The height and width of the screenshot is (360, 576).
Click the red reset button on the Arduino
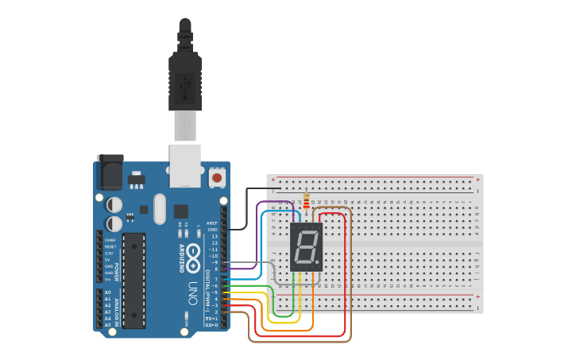(217, 179)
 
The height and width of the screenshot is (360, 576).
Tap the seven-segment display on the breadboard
(307, 247)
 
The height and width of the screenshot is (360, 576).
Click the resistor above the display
(307, 200)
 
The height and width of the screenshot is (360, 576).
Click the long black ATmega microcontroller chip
(133, 280)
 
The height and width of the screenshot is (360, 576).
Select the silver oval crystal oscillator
(160, 209)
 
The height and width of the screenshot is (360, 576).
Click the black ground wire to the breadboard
(246, 208)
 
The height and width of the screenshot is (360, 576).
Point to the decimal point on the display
(319, 265)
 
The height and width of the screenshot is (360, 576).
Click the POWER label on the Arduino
(116, 270)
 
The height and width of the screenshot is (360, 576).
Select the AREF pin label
(212, 223)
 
